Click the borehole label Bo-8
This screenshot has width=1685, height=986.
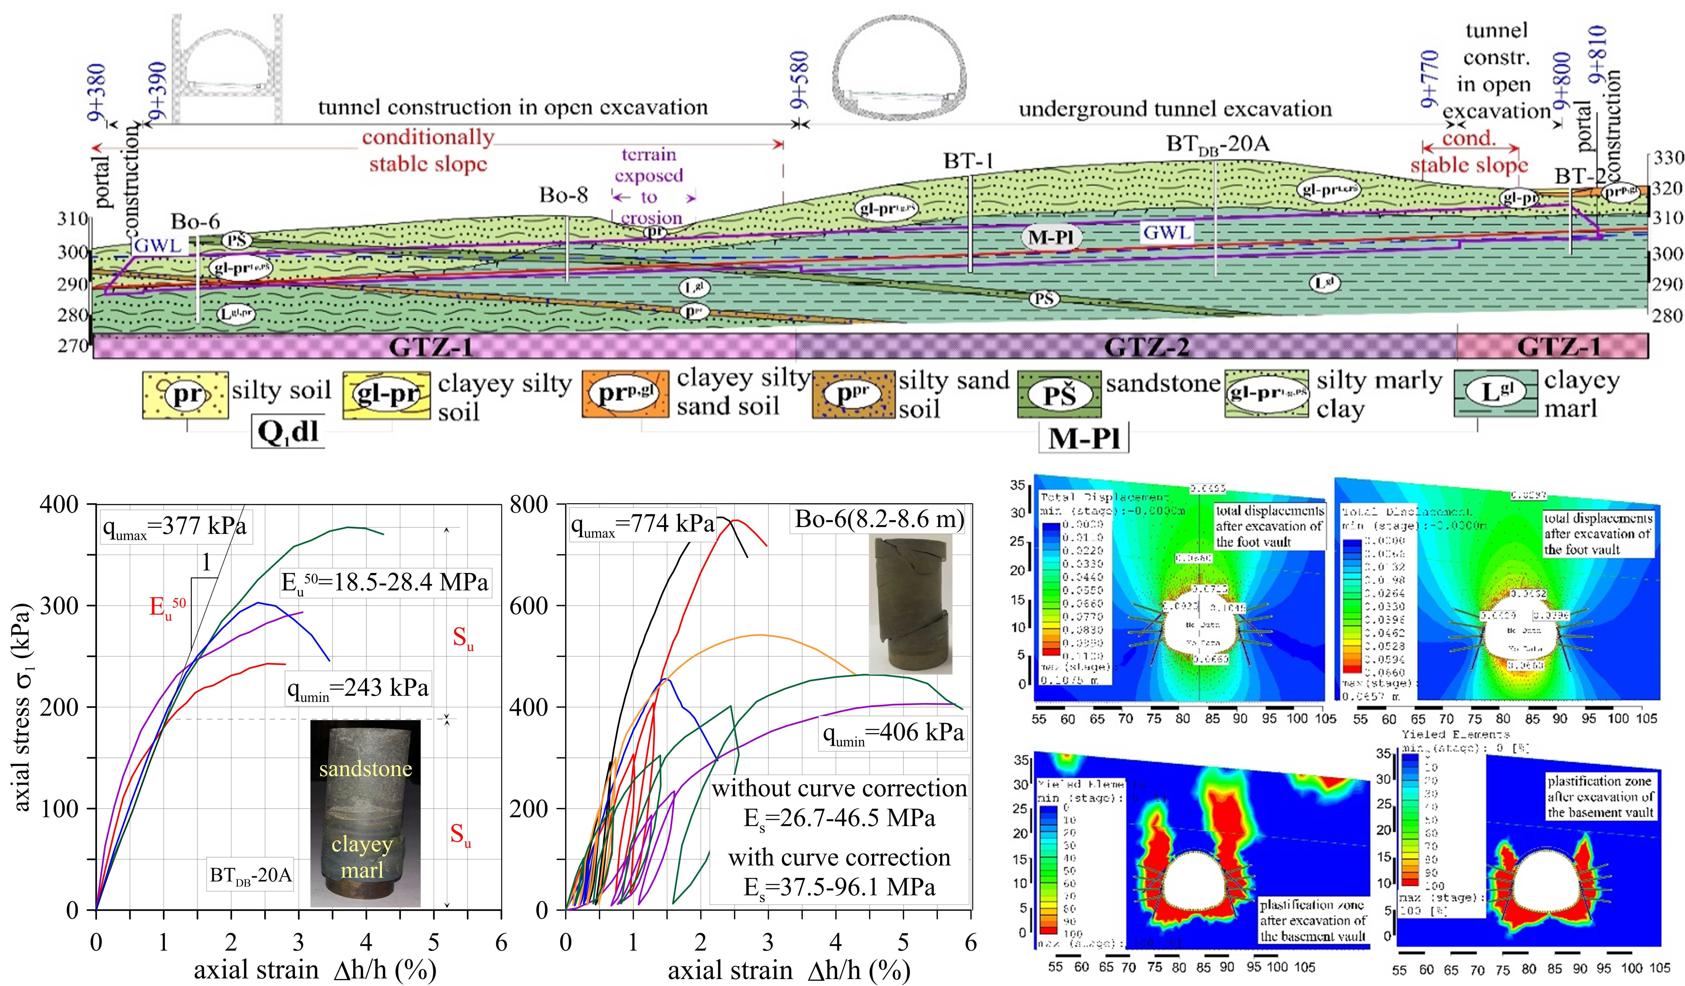point(564,195)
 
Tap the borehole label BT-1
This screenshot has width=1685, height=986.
point(968,161)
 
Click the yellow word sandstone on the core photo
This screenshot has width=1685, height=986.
point(365,769)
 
